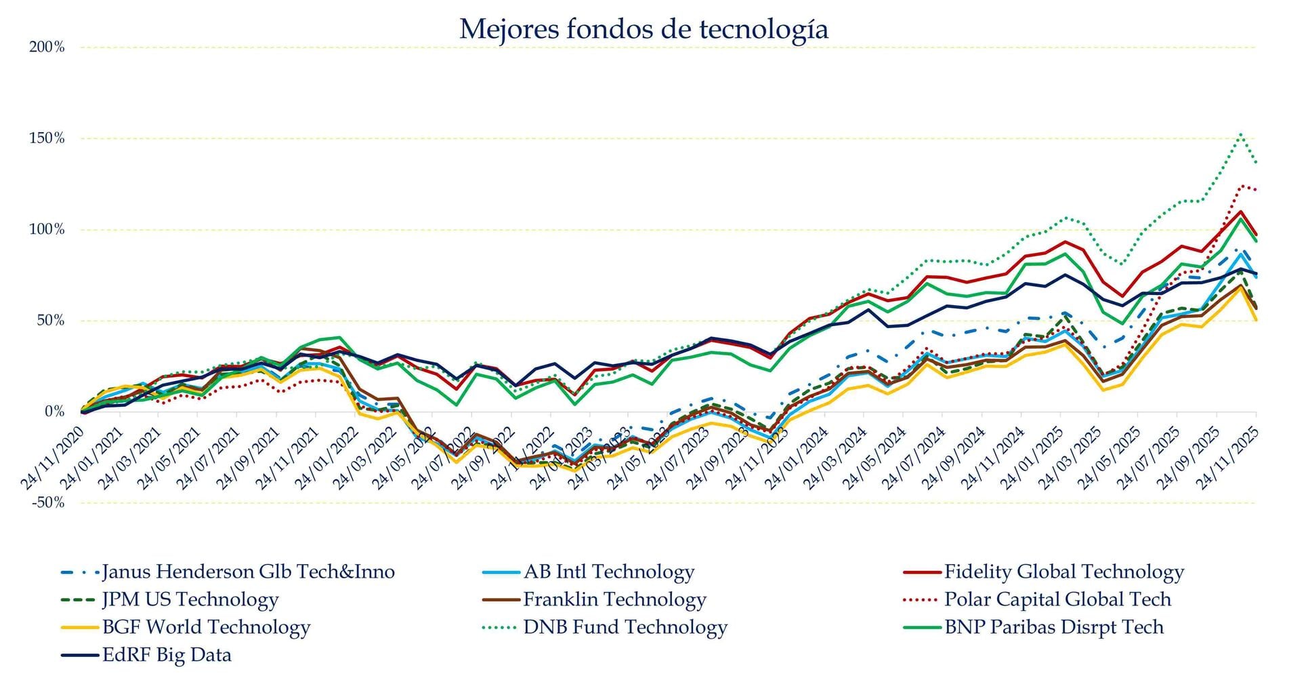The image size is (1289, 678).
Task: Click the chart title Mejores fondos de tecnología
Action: (643, 29)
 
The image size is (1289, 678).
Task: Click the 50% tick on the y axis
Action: (50, 321)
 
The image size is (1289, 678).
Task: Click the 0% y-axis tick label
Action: (54, 412)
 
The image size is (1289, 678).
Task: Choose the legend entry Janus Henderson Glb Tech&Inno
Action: (248, 572)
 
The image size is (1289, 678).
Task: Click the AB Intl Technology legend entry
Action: (608, 572)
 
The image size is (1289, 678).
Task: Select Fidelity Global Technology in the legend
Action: (1063, 572)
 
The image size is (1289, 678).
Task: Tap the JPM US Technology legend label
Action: (190, 600)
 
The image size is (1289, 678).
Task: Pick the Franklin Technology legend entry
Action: (614, 600)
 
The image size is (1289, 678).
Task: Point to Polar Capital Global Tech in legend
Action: (1057, 600)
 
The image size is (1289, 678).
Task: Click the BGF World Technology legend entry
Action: (206, 628)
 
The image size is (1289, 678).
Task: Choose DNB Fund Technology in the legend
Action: (625, 628)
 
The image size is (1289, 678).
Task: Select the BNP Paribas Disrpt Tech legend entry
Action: (1053, 628)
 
